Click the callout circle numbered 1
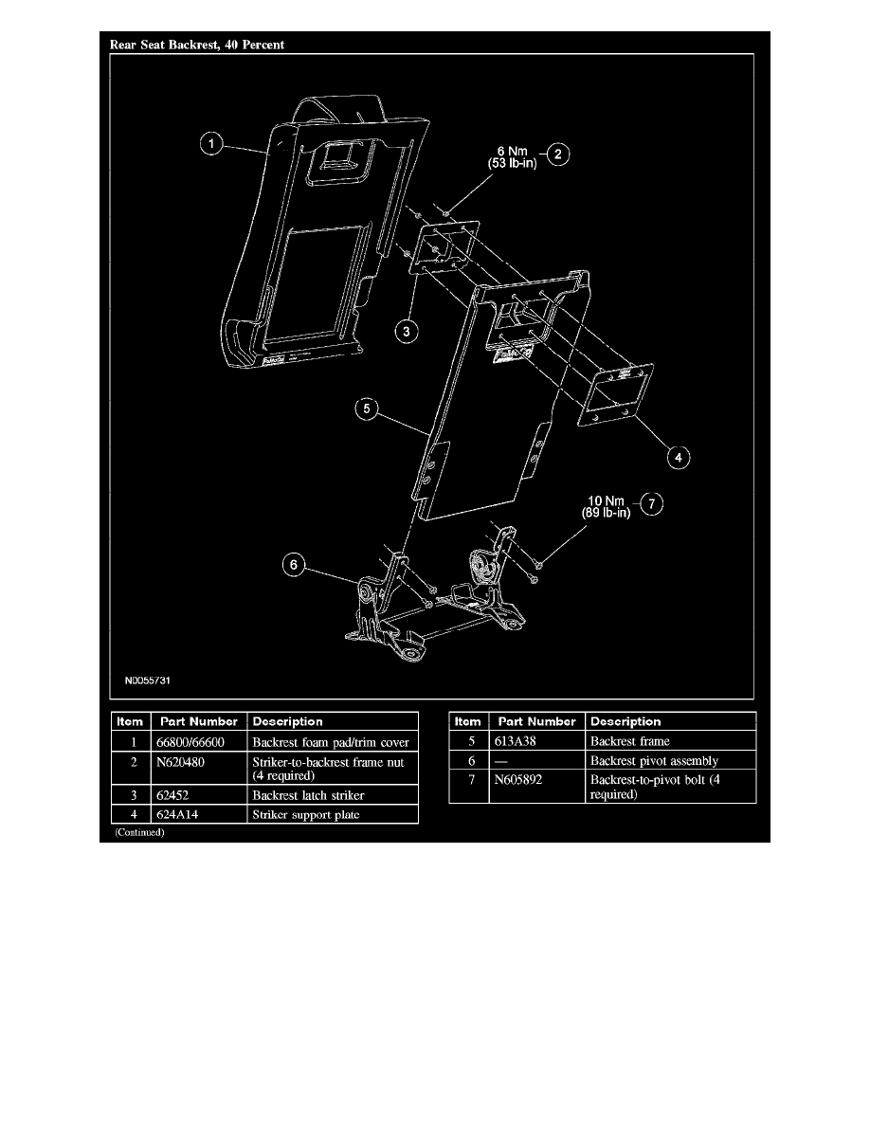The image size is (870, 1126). [x=211, y=144]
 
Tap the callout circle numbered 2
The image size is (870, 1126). [x=558, y=154]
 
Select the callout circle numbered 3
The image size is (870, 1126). [x=407, y=331]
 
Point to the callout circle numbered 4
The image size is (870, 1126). [x=679, y=457]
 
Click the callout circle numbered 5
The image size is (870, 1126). [x=367, y=409]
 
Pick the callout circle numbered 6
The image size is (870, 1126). [x=294, y=565]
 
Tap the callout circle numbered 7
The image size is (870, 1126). [x=651, y=503]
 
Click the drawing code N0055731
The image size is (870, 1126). [x=148, y=680]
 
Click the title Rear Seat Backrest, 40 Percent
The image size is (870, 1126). [x=197, y=45]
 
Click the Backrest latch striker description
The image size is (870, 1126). [x=308, y=795]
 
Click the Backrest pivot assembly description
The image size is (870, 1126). [x=654, y=760]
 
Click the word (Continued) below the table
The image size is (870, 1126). [x=139, y=832]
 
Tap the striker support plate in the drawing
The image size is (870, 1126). [x=615, y=395]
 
